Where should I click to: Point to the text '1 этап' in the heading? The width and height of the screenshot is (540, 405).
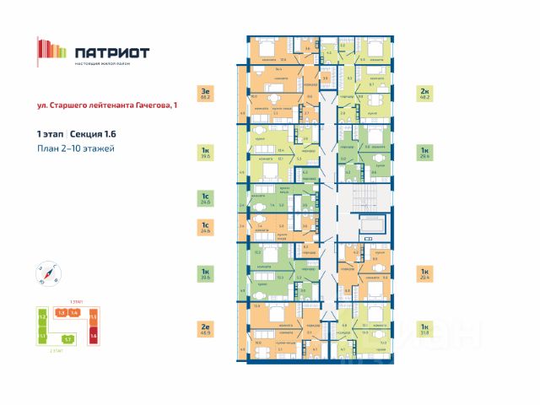49,134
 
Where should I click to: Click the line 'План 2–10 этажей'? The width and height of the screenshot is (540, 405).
75,148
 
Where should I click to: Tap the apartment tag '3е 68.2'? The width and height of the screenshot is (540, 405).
204,93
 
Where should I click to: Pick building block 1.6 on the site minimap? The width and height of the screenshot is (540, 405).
94,335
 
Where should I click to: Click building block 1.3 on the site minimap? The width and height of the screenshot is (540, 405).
61,313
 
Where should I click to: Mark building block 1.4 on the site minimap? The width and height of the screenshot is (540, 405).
74,313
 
